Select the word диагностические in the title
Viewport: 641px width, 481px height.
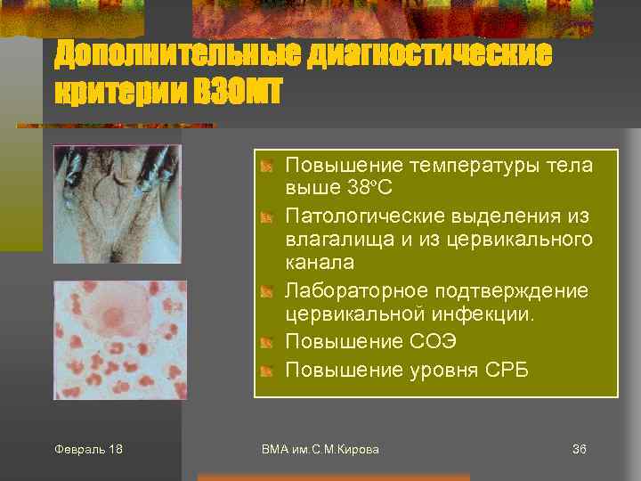click(x=429, y=54)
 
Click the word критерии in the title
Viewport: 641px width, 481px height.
click(x=120, y=91)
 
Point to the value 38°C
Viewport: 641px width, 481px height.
click(x=369, y=188)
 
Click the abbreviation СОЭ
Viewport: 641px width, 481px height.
click(x=438, y=342)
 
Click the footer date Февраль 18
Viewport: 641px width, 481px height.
click(x=89, y=449)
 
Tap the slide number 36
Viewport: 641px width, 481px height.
click(x=579, y=449)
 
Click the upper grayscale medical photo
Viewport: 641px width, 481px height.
click(x=117, y=203)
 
